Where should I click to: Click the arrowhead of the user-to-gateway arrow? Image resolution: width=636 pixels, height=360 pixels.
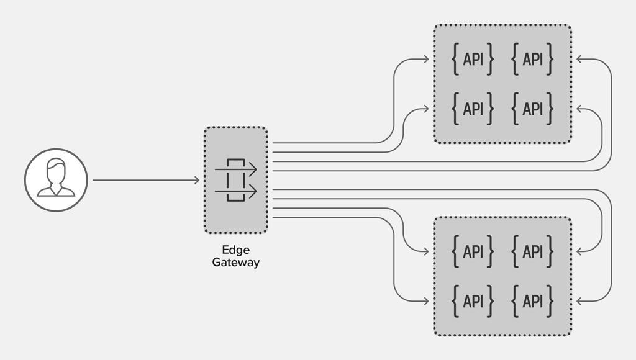(x=196, y=181)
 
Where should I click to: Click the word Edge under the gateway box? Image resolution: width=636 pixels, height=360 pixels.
(x=235, y=250)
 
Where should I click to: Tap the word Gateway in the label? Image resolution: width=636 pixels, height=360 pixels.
(x=235, y=262)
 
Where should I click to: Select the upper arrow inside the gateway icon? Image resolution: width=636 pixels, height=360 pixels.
(x=236, y=169)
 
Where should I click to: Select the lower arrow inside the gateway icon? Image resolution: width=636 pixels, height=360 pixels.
(x=236, y=191)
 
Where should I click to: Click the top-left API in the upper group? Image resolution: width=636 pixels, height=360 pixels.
(x=473, y=60)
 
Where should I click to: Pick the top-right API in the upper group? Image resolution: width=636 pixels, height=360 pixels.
(x=532, y=60)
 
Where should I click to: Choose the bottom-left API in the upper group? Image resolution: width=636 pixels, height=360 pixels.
(x=473, y=109)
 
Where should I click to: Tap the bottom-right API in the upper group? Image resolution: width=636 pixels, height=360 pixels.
(x=532, y=109)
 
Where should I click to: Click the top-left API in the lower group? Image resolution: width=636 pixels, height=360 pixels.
(x=473, y=251)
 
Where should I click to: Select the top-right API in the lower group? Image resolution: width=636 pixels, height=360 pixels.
(x=532, y=251)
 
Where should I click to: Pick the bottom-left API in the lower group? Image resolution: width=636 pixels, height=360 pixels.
(x=473, y=301)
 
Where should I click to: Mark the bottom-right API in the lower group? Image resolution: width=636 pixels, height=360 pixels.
(x=532, y=301)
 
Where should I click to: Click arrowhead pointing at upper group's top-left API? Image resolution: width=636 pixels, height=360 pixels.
(x=425, y=60)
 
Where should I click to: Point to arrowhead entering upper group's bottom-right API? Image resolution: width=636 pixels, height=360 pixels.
(x=580, y=109)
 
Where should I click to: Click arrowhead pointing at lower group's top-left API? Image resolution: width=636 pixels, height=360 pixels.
(x=425, y=251)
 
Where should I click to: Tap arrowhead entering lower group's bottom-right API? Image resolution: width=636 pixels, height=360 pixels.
(x=580, y=301)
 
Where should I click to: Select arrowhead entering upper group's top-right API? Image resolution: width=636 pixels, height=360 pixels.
(x=580, y=60)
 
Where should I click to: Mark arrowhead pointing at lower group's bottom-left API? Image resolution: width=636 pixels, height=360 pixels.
(x=425, y=301)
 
